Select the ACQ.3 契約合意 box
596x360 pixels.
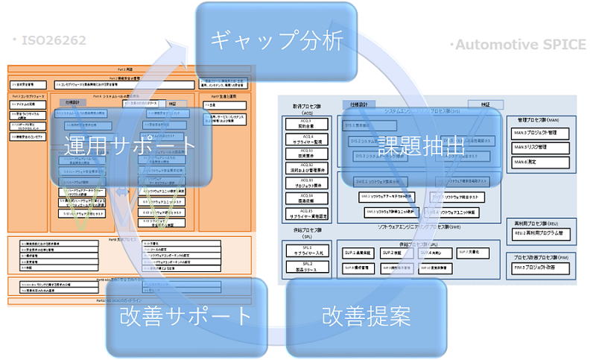(305, 124)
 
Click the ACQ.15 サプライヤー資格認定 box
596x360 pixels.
(305, 215)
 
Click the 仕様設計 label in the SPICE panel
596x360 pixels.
(357, 105)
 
